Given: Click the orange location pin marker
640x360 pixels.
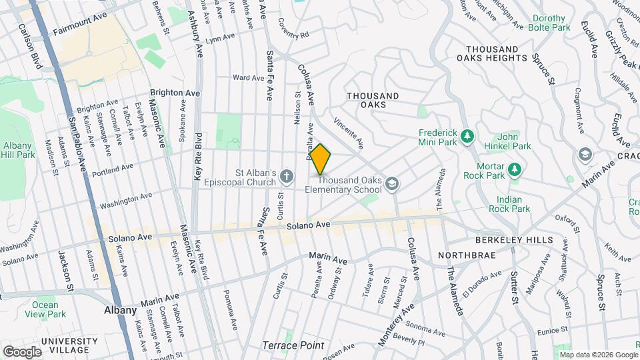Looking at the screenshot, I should coord(321,159).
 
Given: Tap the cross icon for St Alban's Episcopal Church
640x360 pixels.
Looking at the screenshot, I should coord(286,176).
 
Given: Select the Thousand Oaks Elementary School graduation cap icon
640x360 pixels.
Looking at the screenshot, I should coord(394,183).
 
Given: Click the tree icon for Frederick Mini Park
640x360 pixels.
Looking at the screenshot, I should coord(467,136).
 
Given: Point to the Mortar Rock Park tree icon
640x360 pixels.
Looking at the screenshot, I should coord(514,170).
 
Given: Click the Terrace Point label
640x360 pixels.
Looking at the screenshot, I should coord(293,345).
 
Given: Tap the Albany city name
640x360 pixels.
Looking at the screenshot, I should coord(121,310).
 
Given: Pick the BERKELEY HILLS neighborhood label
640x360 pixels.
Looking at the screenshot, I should coord(514,240).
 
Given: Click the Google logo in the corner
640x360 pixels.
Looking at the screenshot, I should coord(23,351).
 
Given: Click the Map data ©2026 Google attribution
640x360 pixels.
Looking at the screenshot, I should coord(598,354).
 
